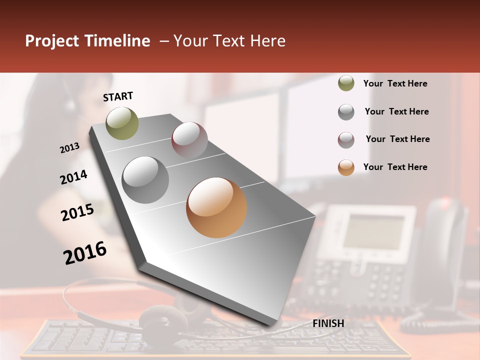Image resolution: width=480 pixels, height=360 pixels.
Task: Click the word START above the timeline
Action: tap(118, 96)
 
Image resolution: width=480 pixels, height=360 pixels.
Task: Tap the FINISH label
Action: tap(328, 323)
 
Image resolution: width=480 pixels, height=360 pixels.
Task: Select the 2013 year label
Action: tap(70, 148)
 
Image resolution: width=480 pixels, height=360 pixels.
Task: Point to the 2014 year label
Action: tap(73, 177)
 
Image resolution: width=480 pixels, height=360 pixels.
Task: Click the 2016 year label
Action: tap(85, 253)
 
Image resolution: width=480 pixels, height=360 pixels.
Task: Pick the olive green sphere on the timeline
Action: tap(122, 123)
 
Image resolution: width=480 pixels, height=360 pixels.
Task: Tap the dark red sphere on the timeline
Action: tap(189, 140)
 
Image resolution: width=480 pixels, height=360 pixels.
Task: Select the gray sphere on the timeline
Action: tap(145, 179)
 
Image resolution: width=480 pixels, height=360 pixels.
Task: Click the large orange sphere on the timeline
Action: tap(216, 207)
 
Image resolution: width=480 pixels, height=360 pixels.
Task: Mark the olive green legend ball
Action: tap(346, 83)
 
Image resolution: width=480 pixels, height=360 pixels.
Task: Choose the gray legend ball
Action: tap(346, 112)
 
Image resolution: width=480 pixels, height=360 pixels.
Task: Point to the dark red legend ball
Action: tap(346, 140)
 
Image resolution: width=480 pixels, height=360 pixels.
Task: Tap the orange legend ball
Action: tap(346, 167)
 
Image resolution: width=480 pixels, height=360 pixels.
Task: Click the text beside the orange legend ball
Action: tap(395, 167)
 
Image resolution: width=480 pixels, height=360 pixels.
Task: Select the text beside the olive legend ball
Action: tap(395, 83)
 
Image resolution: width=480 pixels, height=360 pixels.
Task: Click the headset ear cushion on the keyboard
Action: tap(162, 320)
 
